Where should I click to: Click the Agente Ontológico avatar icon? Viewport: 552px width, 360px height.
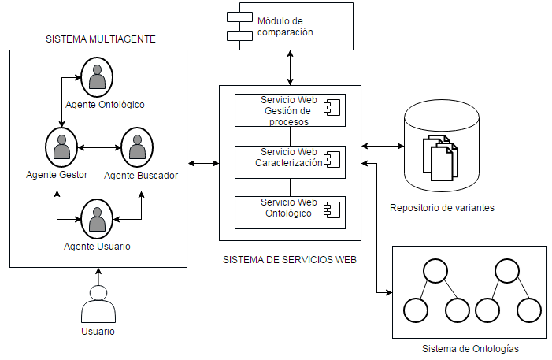pyautogui.click(x=98, y=77)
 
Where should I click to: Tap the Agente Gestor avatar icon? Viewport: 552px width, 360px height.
pyautogui.click(x=61, y=146)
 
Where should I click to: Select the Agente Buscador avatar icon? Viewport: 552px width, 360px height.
pyautogui.click(x=137, y=146)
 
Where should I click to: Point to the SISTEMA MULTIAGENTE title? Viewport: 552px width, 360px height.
pyautogui.click(x=99, y=39)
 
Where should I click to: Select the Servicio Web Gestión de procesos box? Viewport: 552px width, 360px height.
pyautogui.click(x=290, y=111)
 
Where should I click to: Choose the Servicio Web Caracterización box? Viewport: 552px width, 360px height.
pyautogui.click(x=290, y=162)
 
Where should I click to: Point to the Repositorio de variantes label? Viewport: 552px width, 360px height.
pyautogui.click(x=442, y=208)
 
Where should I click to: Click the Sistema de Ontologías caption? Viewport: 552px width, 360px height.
pyautogui.click(x=470, y=348)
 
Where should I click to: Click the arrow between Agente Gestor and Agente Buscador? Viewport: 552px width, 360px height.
pyautogui.click(x=98, y=147)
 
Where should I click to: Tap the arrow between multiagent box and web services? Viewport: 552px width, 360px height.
pyautogui.click(x=203, y=163)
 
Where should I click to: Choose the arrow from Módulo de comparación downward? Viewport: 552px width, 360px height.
pyautogui.click(x=292, y=69)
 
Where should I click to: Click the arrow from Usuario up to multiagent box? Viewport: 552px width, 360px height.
pyautogui.click(x=98, y=276)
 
